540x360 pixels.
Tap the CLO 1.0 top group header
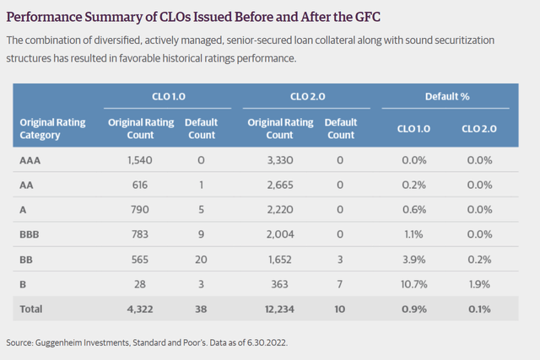[165, 97]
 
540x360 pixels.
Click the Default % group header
[447, 97]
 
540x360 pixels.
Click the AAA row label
[31, 159]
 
